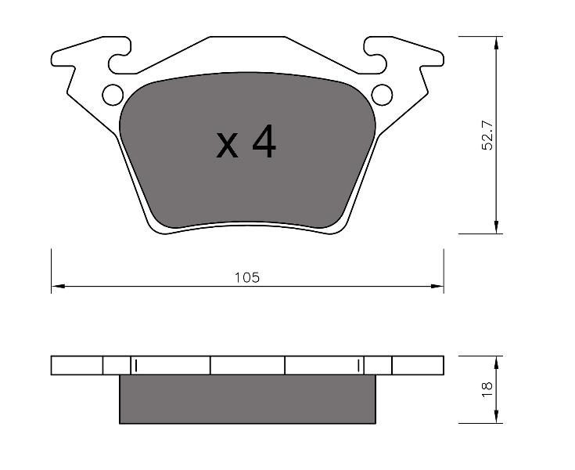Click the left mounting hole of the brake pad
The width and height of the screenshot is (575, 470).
pyautogui.click(x=113, y=95)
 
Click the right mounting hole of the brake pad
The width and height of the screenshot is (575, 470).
pyautogui.click(x=382, y=95)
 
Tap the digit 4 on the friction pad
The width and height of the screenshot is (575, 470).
pyautogui.click(x=264, y=141)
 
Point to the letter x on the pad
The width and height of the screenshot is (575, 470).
pyautogui.click(x=227, y=146)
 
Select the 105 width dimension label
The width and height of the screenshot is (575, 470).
pyautogui.click(x=247, y=277)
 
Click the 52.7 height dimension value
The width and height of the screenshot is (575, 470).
pyautogui.click(x=487, y=135)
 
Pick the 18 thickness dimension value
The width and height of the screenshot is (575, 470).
pyautogui.click(x=487, y=389)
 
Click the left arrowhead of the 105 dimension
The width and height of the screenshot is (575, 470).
pyautogui.click(x=58, y=286)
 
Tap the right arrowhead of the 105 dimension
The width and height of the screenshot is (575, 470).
pyautogui.click(x=437, y=286)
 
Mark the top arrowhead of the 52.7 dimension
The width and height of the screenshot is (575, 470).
pyautogui.click(x=496, y=43)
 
